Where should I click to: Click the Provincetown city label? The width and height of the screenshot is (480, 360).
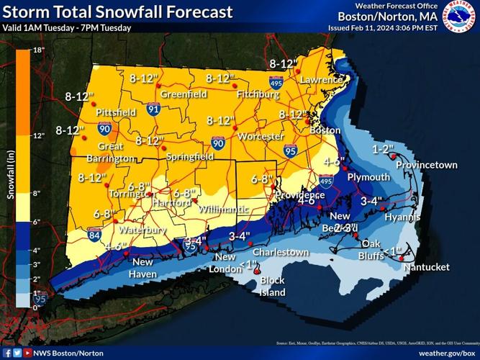pos(426,165)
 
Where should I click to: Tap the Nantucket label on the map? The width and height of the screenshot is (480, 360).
pos(426,267)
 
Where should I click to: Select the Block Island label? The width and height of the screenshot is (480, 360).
pos(272,287)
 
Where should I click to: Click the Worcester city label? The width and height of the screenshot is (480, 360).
pos(257,136)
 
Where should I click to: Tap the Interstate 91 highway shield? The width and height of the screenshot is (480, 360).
pos(152,109)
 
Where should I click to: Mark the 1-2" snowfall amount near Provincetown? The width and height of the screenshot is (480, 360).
pos(383,149)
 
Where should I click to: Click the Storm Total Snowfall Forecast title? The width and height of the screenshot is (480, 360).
pos(118,12)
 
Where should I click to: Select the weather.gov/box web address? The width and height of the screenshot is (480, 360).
pos(446,353)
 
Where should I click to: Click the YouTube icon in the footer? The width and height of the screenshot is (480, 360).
pos(27,353)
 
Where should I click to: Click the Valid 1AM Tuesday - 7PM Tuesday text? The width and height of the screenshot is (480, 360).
pos(67,28)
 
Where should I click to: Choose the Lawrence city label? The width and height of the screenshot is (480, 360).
pos(321,79)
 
